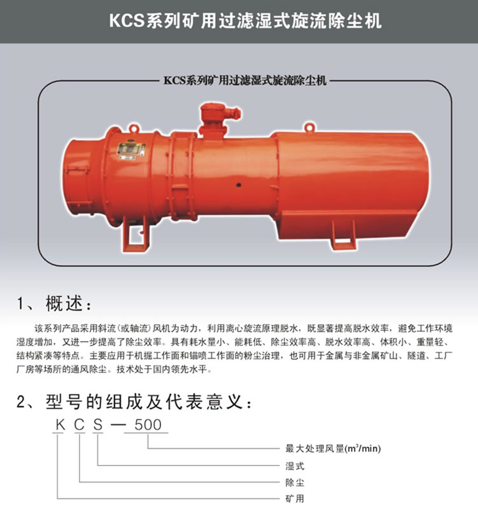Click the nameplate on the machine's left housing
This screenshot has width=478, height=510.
pos(130,149)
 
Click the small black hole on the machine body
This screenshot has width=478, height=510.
pos(239,185)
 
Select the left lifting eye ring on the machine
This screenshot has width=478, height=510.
pos(134,128)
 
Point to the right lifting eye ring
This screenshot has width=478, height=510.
pos(309,126)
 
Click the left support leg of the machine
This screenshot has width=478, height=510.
pos(136,234)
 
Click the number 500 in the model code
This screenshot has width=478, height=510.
pos(148,425)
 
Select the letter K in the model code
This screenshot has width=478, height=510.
pos(60,425)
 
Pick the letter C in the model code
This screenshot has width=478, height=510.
pos(79,425)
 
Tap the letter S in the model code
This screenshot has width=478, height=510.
pos(98,425)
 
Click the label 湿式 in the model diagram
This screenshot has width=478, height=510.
pos(295,466)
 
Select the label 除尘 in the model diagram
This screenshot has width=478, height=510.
pos(295,482)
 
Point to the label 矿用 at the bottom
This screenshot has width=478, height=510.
pos(295,499)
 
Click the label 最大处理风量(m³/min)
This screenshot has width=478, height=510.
pos(333,449)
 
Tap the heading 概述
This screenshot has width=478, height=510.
pos(64,303)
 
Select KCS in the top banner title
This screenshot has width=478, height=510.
pos(127,20)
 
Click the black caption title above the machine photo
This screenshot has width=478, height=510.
pos(245,80)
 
